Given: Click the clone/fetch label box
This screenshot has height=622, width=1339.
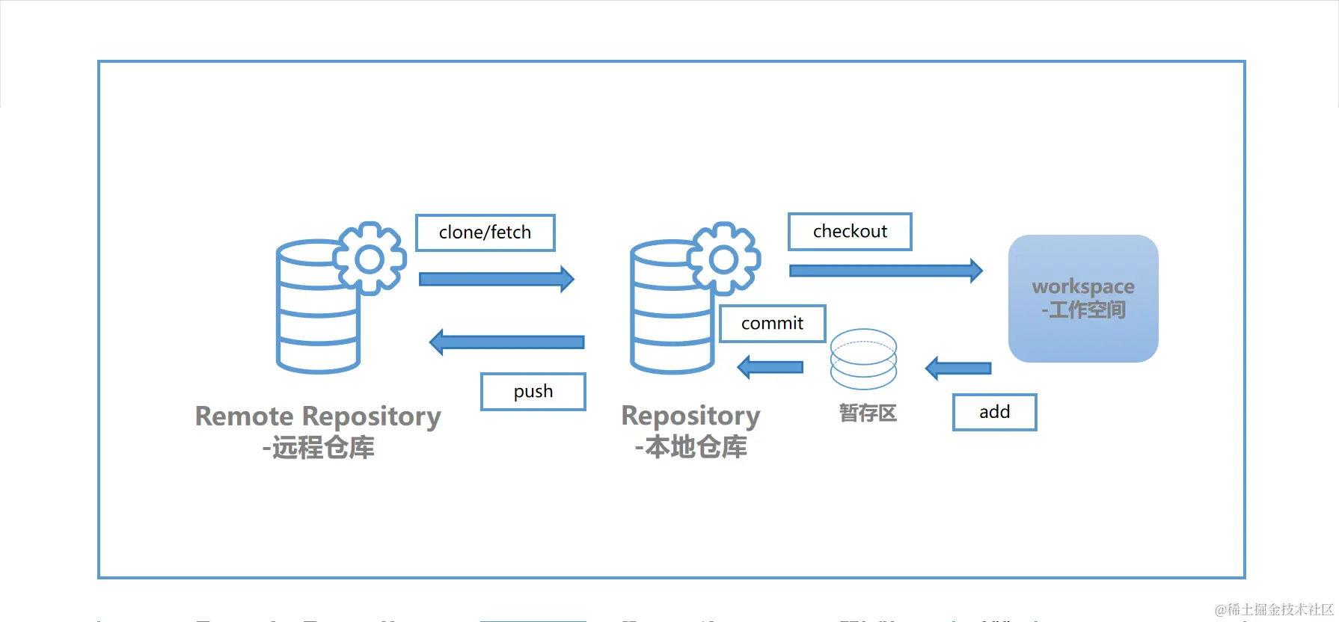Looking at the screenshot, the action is (485, 233).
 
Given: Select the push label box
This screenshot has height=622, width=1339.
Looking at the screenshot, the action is (533, 392).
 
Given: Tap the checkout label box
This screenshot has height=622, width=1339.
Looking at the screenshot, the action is (850, 232).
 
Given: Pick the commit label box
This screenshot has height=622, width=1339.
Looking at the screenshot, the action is (773, 324).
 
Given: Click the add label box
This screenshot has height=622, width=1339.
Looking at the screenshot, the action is (995, 412).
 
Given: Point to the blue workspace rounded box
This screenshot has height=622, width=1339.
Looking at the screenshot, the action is (1083, 298).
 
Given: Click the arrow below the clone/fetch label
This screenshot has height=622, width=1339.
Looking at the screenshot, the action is (497, 279).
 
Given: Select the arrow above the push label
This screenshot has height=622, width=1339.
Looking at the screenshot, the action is (507, 342).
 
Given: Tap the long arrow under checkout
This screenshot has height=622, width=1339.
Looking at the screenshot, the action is (886, 271).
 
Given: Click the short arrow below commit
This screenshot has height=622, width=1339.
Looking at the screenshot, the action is (770, 367).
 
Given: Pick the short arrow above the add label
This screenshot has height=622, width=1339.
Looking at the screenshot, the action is (958, 368).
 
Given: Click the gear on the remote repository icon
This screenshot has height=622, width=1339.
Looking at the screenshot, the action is (370, 259).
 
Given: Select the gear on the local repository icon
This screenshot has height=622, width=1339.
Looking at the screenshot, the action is (723, 259).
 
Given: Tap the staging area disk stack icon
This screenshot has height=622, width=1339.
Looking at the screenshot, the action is (864, 359).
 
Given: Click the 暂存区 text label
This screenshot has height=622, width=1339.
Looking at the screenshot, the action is (868, 413).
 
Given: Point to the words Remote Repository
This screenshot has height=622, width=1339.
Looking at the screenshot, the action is (318, 416).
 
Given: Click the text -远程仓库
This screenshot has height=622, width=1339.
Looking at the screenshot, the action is (318, 447).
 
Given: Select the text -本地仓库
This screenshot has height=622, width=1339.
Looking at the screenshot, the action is (690, 447).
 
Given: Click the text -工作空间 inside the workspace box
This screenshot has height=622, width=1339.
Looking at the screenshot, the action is (1083, 310).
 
